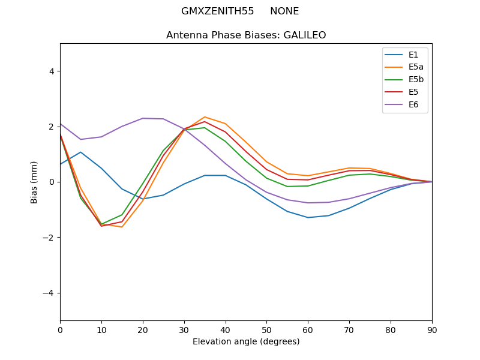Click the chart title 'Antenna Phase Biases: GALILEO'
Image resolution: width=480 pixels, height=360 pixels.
pyautogui.click(x=246, y=35)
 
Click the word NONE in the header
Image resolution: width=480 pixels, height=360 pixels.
pyautogui.click(x=284, y=11)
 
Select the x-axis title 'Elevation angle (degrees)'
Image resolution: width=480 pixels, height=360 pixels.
pyautogui.click(x=246, y=341)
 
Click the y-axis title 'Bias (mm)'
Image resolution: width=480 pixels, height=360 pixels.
pyautogui.click(x=34, y=182)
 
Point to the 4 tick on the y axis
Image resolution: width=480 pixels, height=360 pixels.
pyautogui.click(x=51, y=71)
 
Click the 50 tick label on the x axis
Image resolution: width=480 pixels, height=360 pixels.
pyautogui.click(x=266, y=329)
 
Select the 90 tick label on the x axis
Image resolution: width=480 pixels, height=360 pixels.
pyautogui.click(x=432, y=329)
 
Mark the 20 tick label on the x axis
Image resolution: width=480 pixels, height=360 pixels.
pyautogui.click(x=143, y=329)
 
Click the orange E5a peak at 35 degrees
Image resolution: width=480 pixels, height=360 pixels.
pyautogui.click(x=205, y=117)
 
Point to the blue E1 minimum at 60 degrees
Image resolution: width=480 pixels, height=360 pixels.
pyautogui.click(x=308, y=217)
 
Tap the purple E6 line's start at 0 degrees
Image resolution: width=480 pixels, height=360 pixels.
pyautogui.click(x=61, y=124)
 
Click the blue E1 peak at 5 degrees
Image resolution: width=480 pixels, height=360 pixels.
pyautogui.click(x=80, y=152)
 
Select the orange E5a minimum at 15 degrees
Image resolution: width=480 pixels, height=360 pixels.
pyautogui.click(x=122, y=227)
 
